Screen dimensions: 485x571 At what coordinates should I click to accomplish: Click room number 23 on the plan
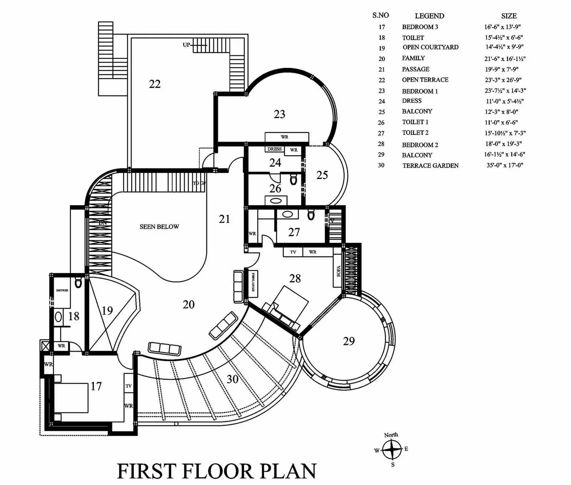279,114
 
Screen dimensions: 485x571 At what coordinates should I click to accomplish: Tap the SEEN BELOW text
159,227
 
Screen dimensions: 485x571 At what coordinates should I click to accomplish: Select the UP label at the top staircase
186,45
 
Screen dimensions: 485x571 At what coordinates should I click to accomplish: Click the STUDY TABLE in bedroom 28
253,282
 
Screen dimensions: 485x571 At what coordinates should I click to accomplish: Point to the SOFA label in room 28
338,271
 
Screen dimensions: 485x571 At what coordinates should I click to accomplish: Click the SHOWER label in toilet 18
62,290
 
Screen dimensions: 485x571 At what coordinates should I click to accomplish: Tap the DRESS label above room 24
274,149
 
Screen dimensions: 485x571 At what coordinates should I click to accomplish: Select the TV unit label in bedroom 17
128,386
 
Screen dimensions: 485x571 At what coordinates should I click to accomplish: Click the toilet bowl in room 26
293,179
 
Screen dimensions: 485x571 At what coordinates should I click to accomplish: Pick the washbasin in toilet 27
288,214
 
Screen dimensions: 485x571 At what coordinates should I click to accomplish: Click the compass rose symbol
392,450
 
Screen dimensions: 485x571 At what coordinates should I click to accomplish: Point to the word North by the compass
391,435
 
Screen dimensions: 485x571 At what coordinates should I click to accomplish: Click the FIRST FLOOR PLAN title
217,471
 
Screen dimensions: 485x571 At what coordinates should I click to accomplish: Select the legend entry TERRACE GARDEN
430,166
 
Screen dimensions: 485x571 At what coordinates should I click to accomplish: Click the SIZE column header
509,16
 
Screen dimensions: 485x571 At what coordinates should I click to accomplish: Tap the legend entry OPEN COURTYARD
430,47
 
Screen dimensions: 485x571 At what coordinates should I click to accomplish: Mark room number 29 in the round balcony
349,341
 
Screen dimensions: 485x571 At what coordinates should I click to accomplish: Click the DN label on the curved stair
103,223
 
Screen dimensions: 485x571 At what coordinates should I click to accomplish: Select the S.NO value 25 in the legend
381,112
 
